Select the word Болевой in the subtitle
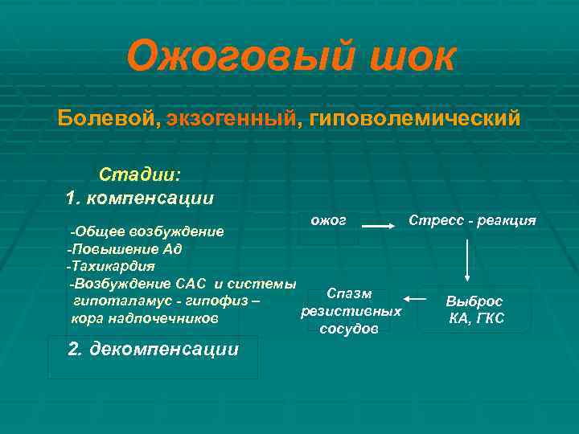[107, 119]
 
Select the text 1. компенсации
[139, 197]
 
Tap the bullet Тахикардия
[113, 265]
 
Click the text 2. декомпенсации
[153, 349]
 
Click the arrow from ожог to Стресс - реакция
[376, 228]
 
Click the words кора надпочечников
[144, 318]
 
